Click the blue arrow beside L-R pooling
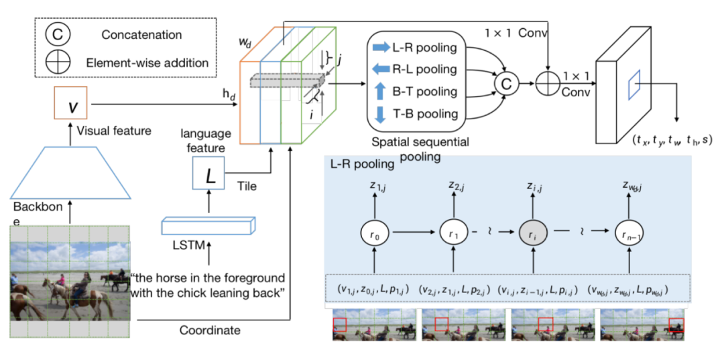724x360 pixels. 381,48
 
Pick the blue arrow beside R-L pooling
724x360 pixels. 381,69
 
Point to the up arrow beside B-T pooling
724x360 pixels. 381,91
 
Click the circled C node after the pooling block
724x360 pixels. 506,83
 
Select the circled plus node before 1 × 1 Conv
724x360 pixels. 548,83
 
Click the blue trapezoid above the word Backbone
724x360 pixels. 71,172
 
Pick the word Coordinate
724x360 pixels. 210,330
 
